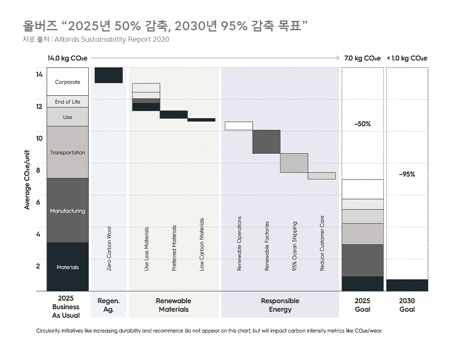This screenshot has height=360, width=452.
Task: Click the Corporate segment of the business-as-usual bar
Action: (67, 82)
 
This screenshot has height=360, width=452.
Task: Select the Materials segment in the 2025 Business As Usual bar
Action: (67, 267)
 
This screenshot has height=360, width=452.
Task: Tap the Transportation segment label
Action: (67, 153)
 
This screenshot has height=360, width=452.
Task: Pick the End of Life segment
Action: (67, 102)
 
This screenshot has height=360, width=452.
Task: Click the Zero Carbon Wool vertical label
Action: (109, 249)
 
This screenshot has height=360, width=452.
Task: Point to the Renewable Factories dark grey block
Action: (267, 141)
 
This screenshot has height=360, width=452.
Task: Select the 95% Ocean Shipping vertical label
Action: (295, 246)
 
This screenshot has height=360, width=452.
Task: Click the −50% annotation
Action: (362, 124)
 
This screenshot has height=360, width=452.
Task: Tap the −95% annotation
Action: (407, 174)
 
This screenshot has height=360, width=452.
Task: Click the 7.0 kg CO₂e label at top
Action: (362, 58)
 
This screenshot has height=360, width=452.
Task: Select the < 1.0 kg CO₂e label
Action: (407, 58)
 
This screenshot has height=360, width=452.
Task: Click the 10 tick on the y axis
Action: (39, 138)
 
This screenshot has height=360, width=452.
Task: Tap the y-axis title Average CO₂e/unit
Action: (27, 179)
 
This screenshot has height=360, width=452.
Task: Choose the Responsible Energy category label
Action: (280, 305)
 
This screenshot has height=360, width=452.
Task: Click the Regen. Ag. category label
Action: (109, 305)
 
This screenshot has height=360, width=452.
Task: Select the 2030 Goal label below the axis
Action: (407, 305)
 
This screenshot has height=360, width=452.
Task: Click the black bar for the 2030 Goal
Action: (407, 285)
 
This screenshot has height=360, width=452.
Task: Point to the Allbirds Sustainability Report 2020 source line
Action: (96, 40)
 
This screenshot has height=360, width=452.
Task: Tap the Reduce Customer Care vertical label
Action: (322, 243)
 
